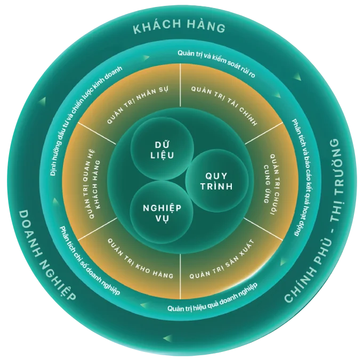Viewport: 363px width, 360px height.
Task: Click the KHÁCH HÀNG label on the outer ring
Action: pos(179,28)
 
